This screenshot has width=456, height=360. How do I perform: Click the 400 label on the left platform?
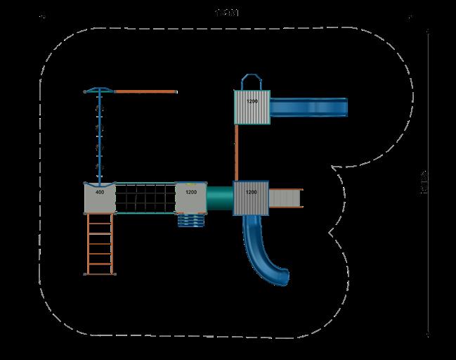pyautogui.click(x=99, y=192)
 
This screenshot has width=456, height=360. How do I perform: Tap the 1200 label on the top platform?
pyautogui.click(x=252, y=102)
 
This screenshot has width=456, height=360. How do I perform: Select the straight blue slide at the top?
pyautogui.click(x=309, y=107)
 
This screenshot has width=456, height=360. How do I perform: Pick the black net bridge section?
pyautogui.click(x=144, y=198)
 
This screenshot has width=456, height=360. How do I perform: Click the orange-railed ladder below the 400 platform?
pyautogui.click(x=99, y=243)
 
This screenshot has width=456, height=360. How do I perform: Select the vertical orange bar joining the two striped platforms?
pyautogui.click(x=237, y=153)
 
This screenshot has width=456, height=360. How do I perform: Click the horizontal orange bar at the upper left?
pyautogui.click(x=145, y=91)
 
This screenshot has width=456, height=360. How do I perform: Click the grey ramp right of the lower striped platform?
pyautogui.click(x=286, y=198)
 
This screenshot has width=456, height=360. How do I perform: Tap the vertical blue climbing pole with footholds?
pyautogui.click(x=99, y=137)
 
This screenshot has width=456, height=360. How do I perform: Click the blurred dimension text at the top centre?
pyautogui.click(x=227, y=11)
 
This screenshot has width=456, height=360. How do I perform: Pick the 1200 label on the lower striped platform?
pyautogui.click(x=251, y=191)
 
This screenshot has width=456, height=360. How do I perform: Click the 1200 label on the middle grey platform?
pyautogui.click(x=191, y=191)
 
